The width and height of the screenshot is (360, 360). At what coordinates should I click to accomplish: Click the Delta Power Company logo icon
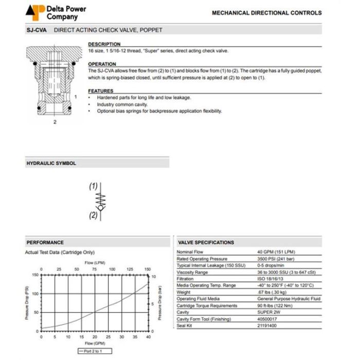[x=35, y=12]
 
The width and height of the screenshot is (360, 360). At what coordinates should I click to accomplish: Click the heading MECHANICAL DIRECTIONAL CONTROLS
[x=266, y=13]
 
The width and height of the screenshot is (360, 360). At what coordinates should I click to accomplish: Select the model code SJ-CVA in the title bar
[x=37, y=30]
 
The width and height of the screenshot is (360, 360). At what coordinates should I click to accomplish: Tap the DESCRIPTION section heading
[x=104, y=44]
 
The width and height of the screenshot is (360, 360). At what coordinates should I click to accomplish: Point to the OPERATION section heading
[x=102, y=64]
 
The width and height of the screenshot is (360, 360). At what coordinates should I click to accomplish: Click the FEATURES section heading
[x=100, y=91]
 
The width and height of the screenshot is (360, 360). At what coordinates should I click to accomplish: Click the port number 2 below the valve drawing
[x=55, y=122]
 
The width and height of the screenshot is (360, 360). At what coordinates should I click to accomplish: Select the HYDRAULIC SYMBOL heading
[x=51, y=164]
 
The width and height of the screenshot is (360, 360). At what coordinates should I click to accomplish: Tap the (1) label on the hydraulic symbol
[x=93, y=186]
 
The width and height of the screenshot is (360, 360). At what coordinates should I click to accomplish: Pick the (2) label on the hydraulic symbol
[x=93, y=215]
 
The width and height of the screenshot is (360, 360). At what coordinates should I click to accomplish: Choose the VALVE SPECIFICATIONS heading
[x=206, y=242]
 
